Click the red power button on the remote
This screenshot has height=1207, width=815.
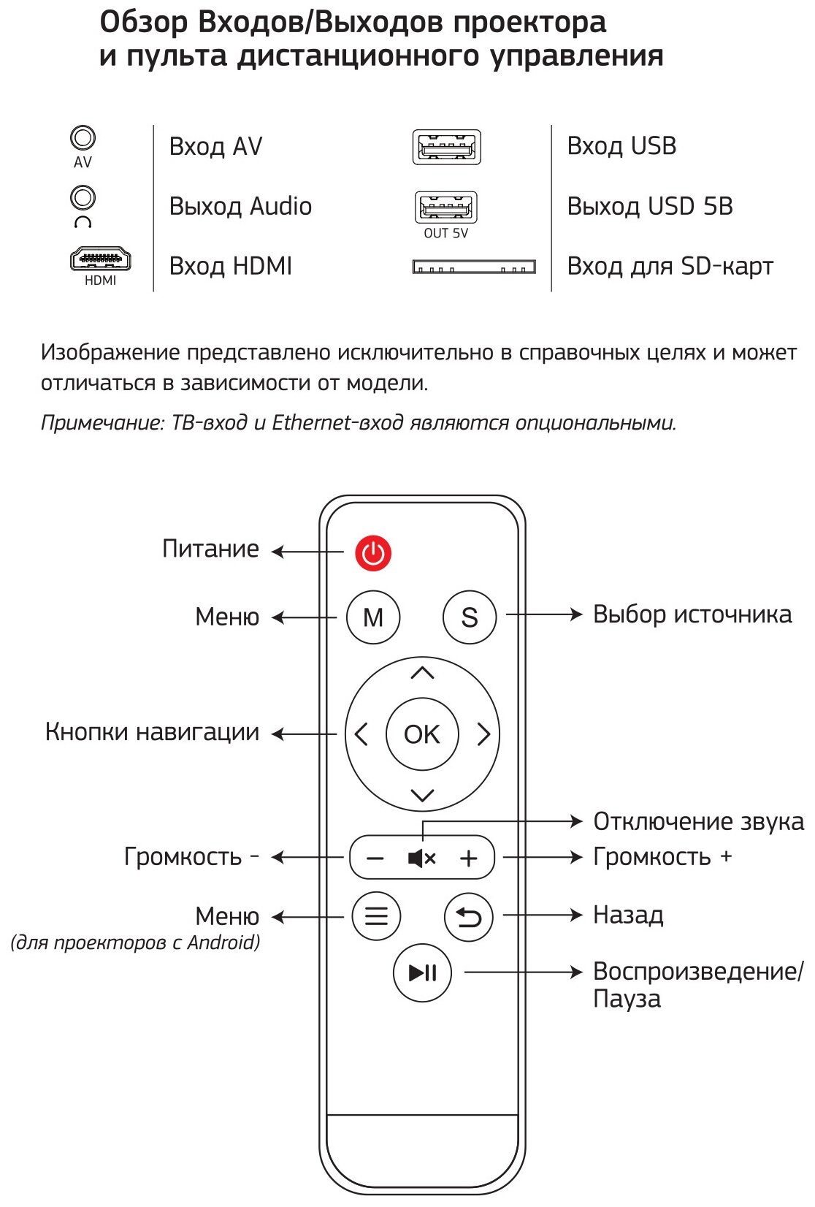pyautogui.click(x=373, y=553)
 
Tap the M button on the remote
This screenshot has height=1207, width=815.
pyautogui.click(x=373, y=617)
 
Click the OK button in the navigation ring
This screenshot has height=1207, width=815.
pyautogui.click(x=422, y=734)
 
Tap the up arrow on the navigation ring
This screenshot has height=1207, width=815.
pyautogui.click(x=422, y=673)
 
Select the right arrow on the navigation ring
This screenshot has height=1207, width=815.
pyautogui.click(x=483, y=734)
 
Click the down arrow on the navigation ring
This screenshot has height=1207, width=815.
pyautogui.click(x=422, y=795)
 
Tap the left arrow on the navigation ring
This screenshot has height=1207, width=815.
pyautogui.click(x=361, y=734)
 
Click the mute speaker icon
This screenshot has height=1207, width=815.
pyautogui.click(x=421, y=858)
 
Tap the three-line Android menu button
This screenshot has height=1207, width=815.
pyautogui.click(x=376, y=916)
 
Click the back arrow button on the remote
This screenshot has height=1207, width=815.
pyautogui.click(x=469, y=916)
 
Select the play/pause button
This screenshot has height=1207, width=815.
pyautogui.click(x=422, y=972)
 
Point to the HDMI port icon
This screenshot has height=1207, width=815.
pyautogui.click(x=100, y=259)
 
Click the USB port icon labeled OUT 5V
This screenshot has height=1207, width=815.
pyautogui.click(x=446, y=208)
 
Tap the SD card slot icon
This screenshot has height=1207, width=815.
pyautogui.click(x=474, y=267)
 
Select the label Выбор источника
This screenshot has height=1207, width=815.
pyautogui.click(x=692, y=614)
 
